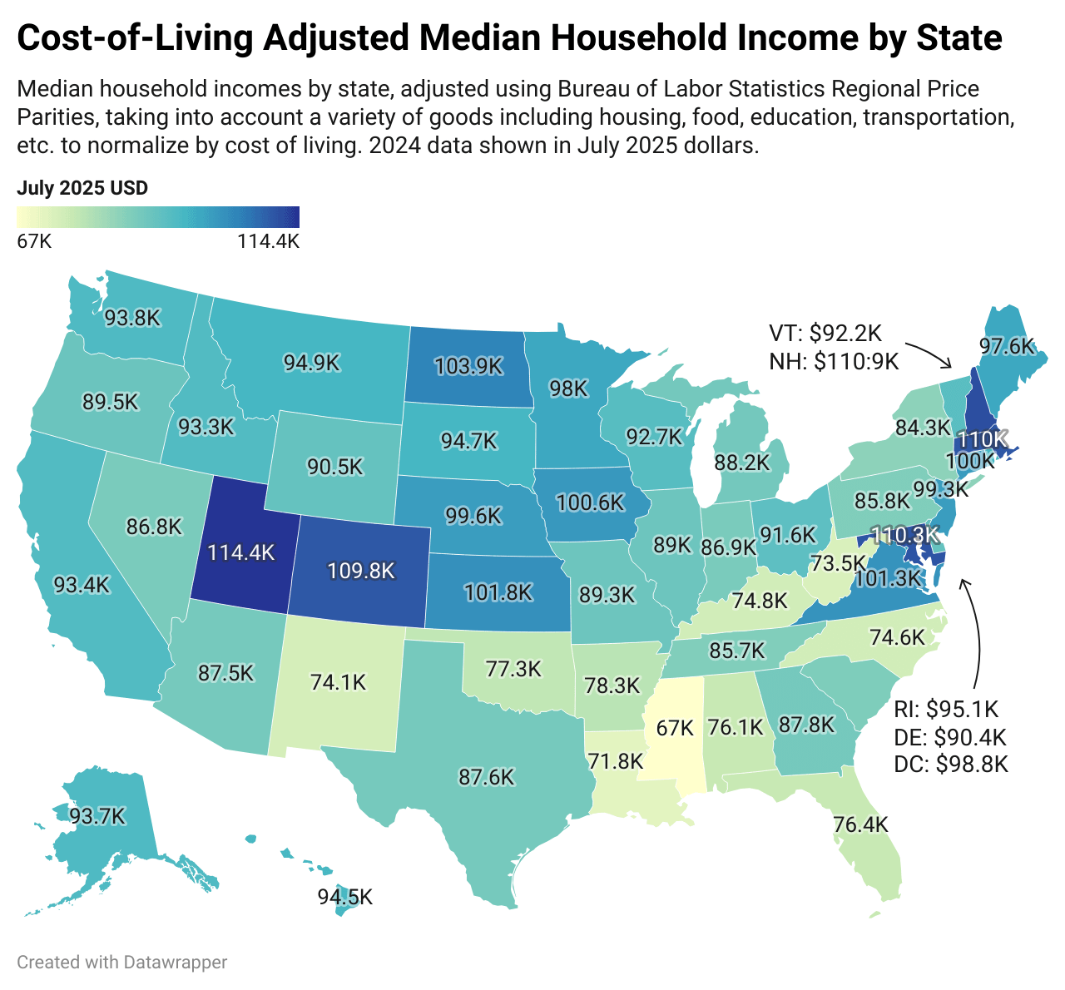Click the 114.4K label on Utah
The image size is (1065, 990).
tap(241, 552)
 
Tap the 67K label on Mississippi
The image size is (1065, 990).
tap(674, 728)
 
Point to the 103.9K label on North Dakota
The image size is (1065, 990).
tap(468, 365)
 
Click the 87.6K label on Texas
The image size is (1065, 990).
tap(486, 777)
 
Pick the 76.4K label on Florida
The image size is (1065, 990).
tap(860, 824)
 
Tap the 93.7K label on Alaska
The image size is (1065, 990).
tap(97, 816)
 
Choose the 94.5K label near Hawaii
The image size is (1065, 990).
tap(344, 897)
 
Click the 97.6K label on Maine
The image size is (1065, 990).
tap(1007, 345)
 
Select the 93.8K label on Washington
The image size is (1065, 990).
tap(131, 317)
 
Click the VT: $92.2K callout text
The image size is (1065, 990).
tap(825, 334)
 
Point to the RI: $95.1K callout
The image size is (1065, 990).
tap(946, 709)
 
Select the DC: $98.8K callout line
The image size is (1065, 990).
tap(950, 764)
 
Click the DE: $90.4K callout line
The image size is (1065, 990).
tap(949, 736)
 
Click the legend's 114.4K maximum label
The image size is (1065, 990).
tap(267, 241)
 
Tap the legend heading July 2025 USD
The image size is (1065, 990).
tap(82, 188)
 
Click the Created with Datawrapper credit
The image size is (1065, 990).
tap(121, 962)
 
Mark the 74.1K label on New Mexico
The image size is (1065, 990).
tap(338, 682)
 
